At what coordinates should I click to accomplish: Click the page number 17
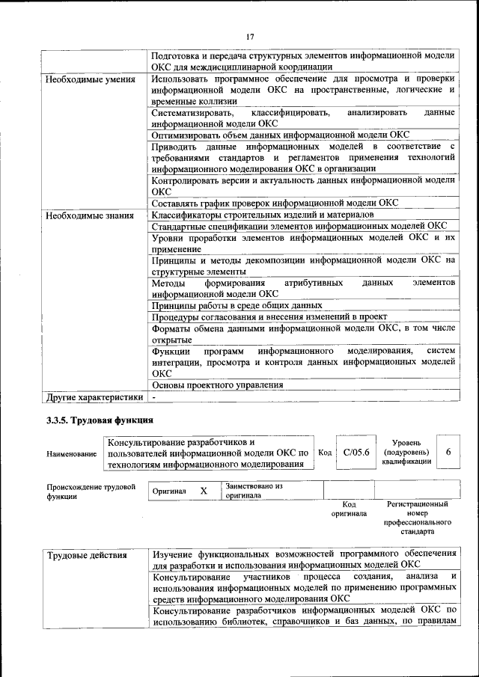tap(251, 36)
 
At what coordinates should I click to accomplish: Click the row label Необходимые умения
tap(90, 79)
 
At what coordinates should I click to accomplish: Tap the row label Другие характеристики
tap(94, 396)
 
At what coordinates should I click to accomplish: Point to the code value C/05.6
tap(356, 453)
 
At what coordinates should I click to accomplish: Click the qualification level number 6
tap(448, 453)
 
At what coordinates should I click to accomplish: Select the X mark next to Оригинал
tap(203, 491)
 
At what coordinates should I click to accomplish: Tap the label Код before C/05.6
tap(325, 453)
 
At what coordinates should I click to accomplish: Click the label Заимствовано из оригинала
tap(253, 491)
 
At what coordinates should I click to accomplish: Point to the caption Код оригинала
tap(349, 509)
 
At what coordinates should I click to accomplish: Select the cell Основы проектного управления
tap(217, 385)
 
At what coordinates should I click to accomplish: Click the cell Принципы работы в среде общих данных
tap(237, 305)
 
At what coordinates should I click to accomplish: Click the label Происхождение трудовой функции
tap(91, 491)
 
